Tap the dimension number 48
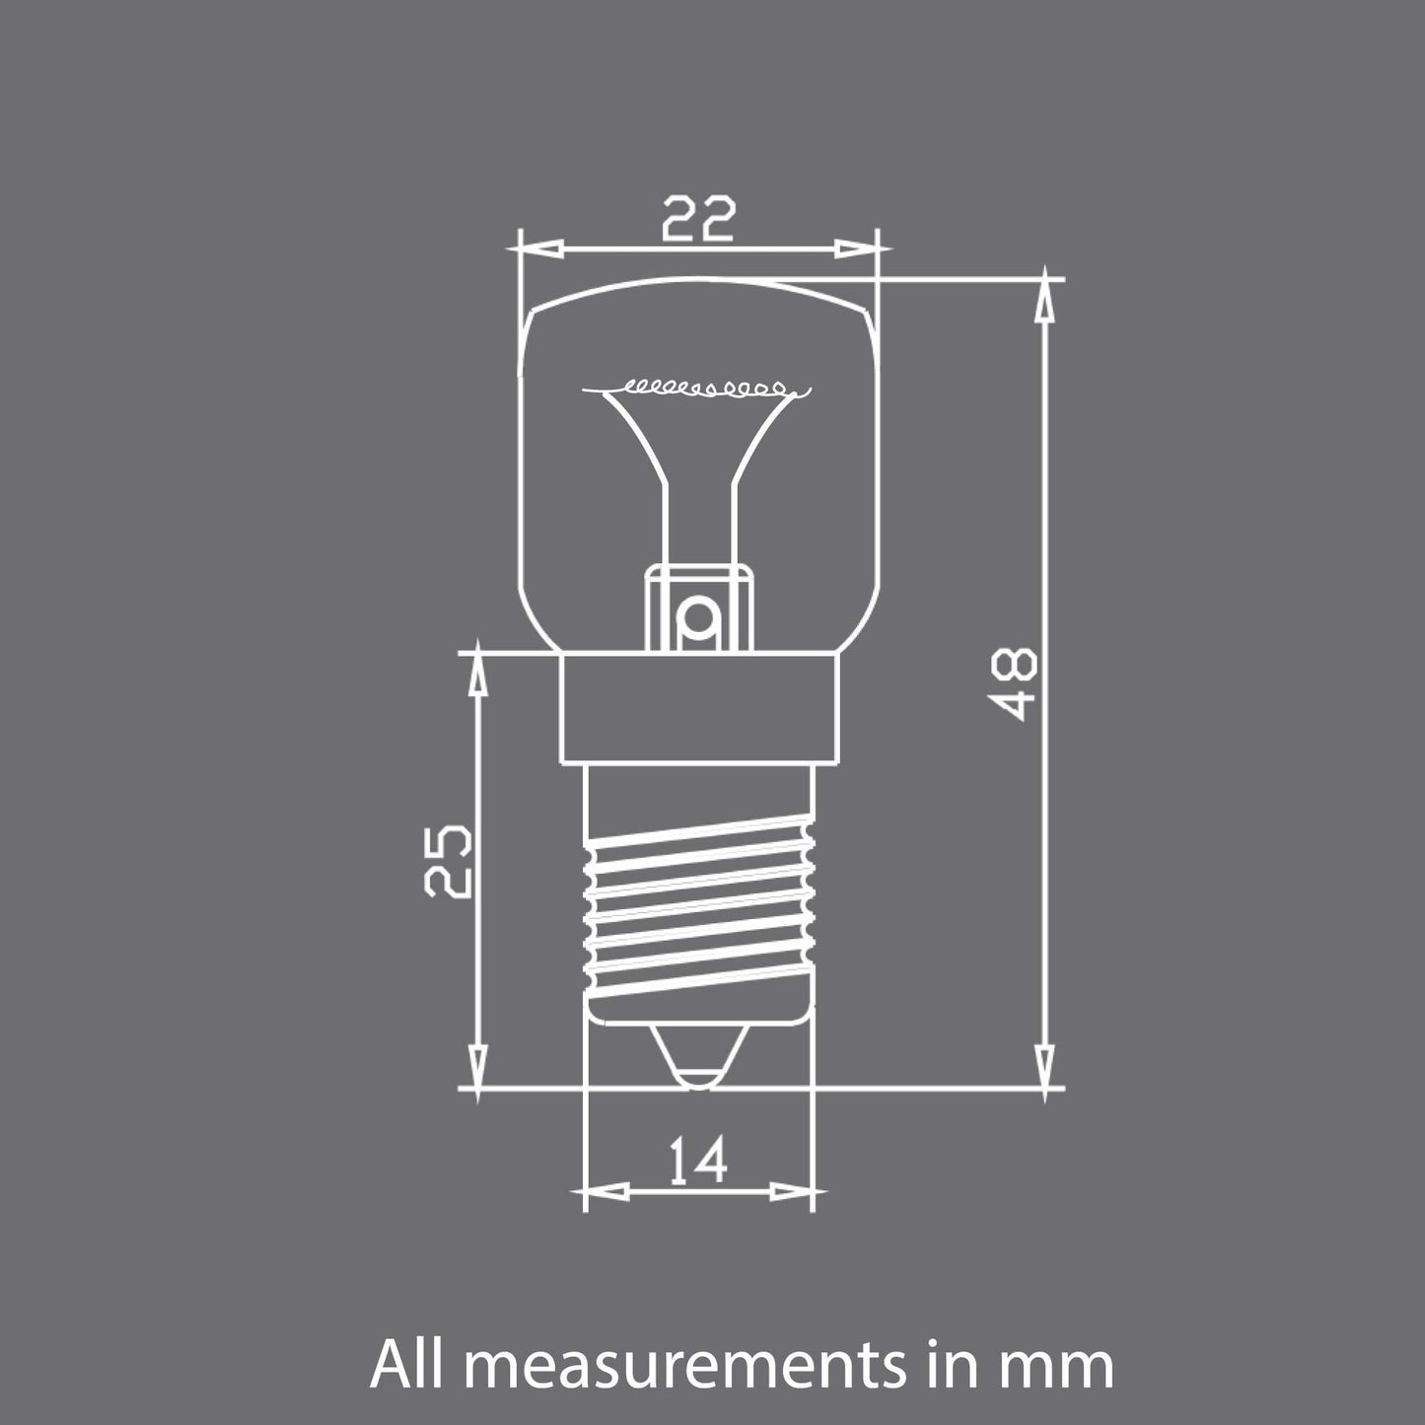coord(1014,682)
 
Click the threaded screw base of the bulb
coord(699,907)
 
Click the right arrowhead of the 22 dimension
coord(855,248)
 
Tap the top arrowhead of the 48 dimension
coord(1042,302)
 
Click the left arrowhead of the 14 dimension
coord(607,1191)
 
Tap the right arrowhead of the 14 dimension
coord(791,1191)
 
